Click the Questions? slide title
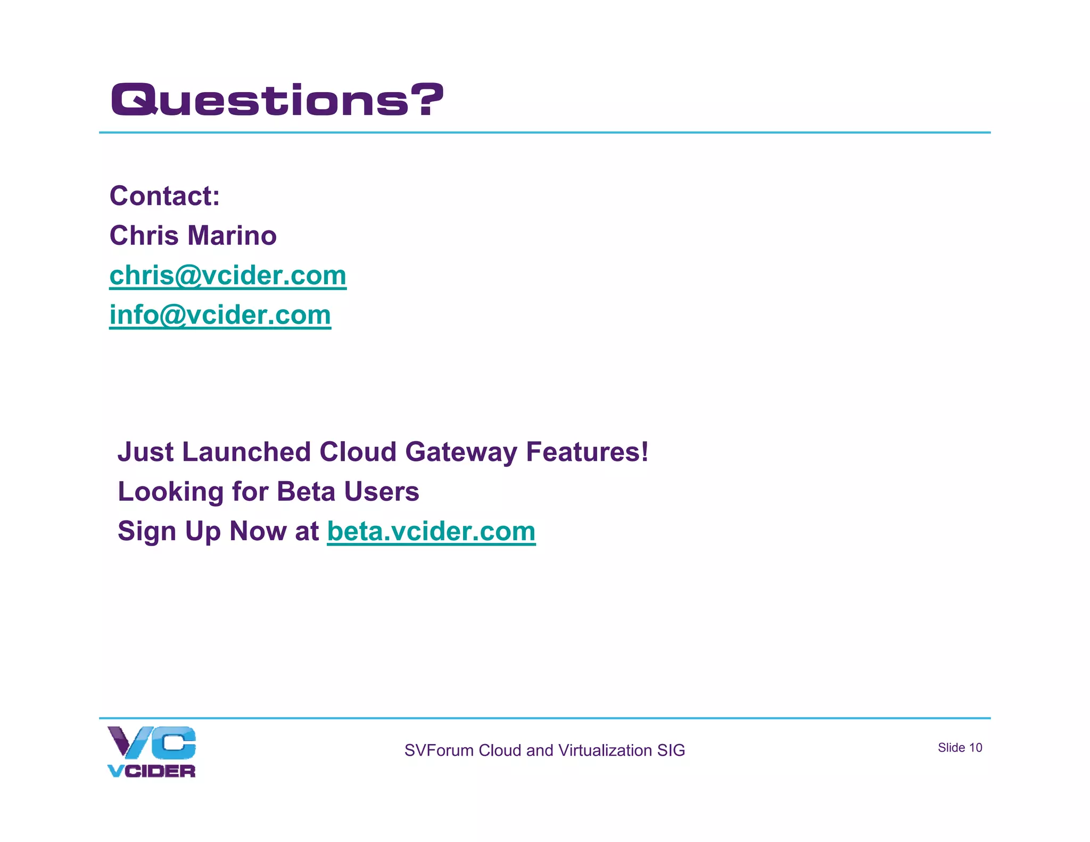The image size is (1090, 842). pyautogui.click(x=277, y=100)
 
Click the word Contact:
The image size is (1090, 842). pyautogui.click(x=164, y=196)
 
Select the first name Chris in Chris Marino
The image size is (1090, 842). pyautogui.click(x=143, y=235)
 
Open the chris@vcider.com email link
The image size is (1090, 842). pyautogui.click(x=228, y=276)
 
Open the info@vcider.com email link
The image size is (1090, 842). pyautogui.click(x=220, y=315)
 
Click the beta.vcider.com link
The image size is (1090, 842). pyautogui.click(x=431, y=531)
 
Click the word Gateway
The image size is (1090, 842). pyautogui.click(x=461, y=452)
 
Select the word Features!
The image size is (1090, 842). pyautogui.click(x=587, y=452)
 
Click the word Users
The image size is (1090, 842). pyautogui.click(x=382, y=491)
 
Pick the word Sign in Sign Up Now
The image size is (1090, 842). pyautogui.click(x=147, y=531)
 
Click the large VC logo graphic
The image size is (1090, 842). pyautogui.click(x=152, y=742)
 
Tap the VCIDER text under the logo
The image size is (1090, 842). pyautogui.click(x=152, y=771)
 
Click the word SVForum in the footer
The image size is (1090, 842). pyautogui.click(x=439, y=750)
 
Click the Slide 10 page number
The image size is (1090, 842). pyautogui.click(x=960, y=748)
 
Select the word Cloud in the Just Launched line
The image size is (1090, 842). pyautogui.click(x=358, y=452)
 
